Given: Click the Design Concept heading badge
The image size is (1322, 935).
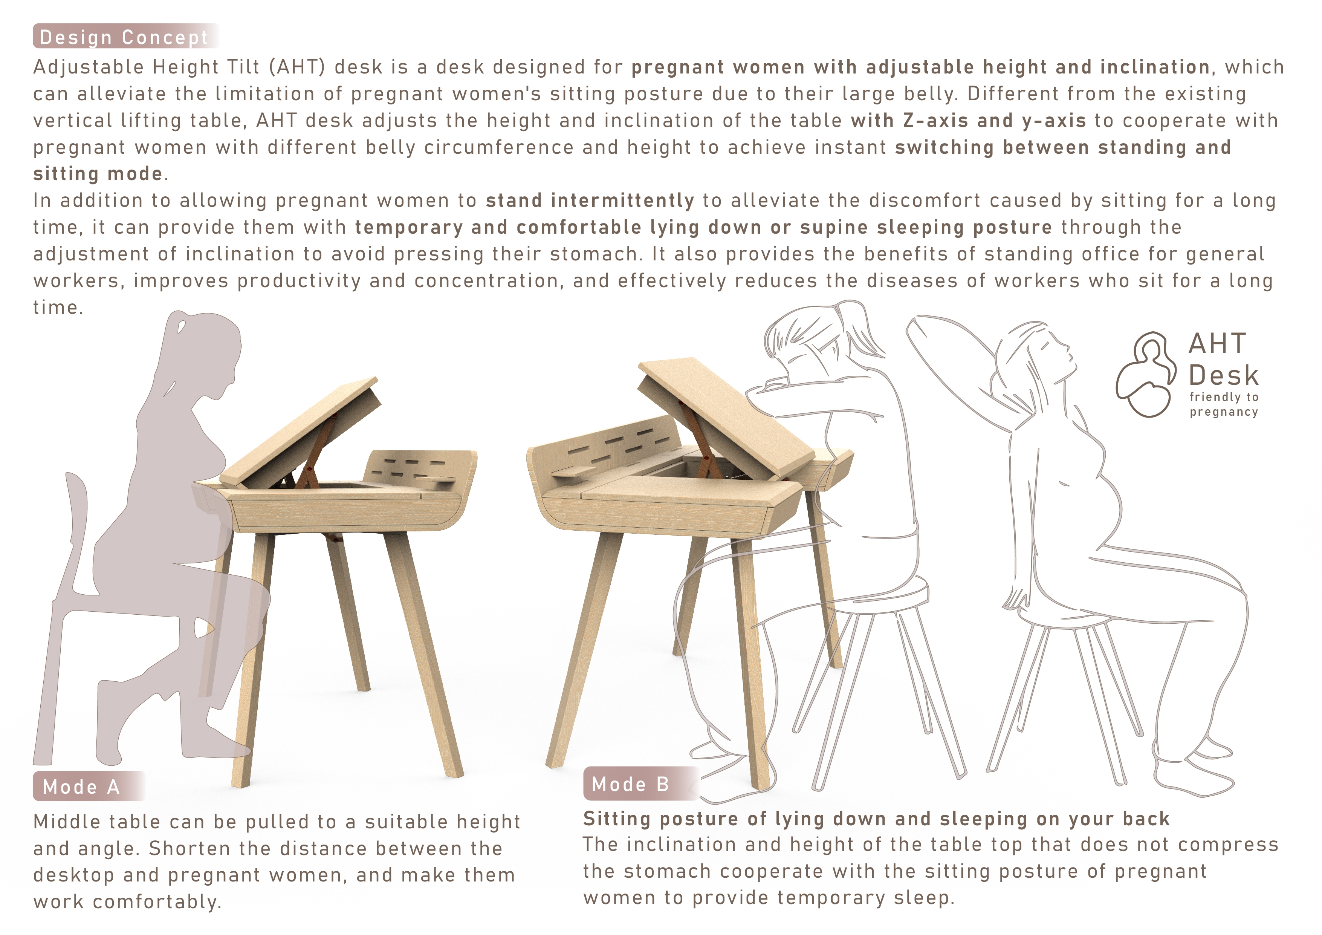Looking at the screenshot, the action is [126, 36].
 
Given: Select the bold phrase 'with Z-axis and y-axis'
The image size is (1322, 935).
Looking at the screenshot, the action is [969, 120].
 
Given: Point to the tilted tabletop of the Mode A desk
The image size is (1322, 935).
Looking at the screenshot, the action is [300, 432].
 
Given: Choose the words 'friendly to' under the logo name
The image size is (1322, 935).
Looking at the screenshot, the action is [1224, 397].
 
